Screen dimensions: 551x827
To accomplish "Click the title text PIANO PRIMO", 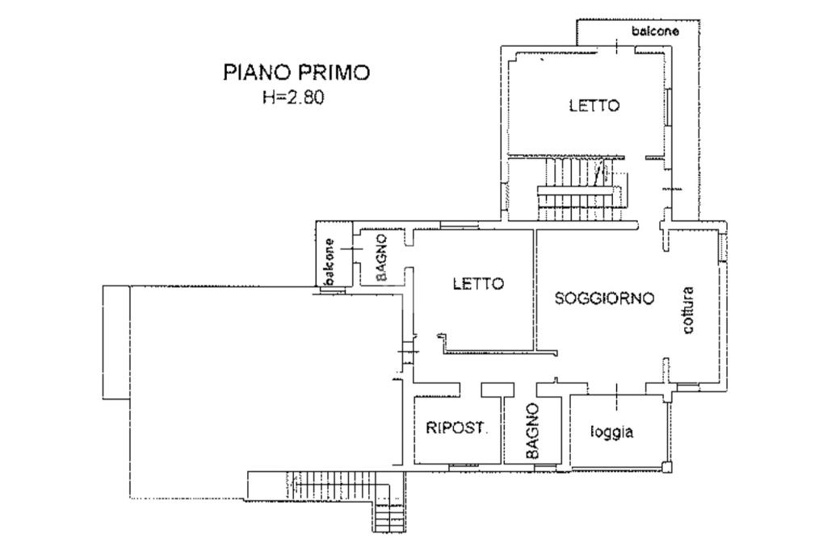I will pos(296,73).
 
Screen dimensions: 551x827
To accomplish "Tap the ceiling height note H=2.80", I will pos(296,98).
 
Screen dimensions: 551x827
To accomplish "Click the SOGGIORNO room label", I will pos(604,298).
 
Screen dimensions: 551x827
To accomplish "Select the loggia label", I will pos(612,432).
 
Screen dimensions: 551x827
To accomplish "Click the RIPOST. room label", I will pos(457,428).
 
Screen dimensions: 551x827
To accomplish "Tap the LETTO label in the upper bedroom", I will pos(594,106).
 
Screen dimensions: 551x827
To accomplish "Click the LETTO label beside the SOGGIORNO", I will pos(478,284).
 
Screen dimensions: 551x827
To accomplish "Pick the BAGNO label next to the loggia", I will pos(532,432).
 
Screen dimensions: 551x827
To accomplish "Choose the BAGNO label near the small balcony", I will pos(382,257).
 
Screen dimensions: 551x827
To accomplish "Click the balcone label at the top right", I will pos(655,31).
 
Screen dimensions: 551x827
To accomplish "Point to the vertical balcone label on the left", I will pos(330,262).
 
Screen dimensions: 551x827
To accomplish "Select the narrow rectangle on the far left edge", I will pos(115,342).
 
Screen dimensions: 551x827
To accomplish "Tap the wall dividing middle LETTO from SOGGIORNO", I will pos(535,290).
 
